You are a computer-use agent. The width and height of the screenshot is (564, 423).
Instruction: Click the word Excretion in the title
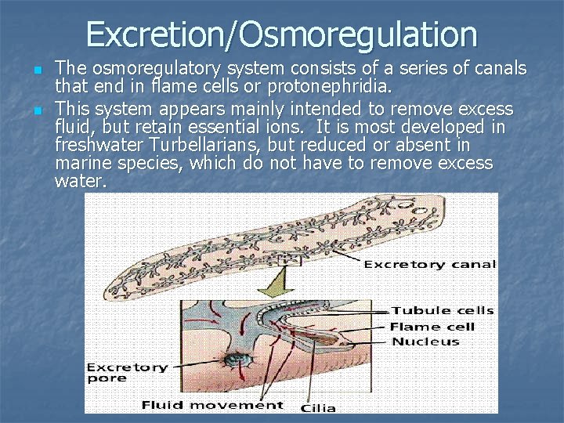click(x=161, y=34)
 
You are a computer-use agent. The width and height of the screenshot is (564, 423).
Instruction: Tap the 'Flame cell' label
click(x=432, y=327)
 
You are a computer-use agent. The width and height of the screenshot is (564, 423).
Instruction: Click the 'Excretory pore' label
click(x=127, y=373)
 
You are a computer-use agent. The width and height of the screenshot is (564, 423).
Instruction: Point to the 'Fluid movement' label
click(x=212, y=405)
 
